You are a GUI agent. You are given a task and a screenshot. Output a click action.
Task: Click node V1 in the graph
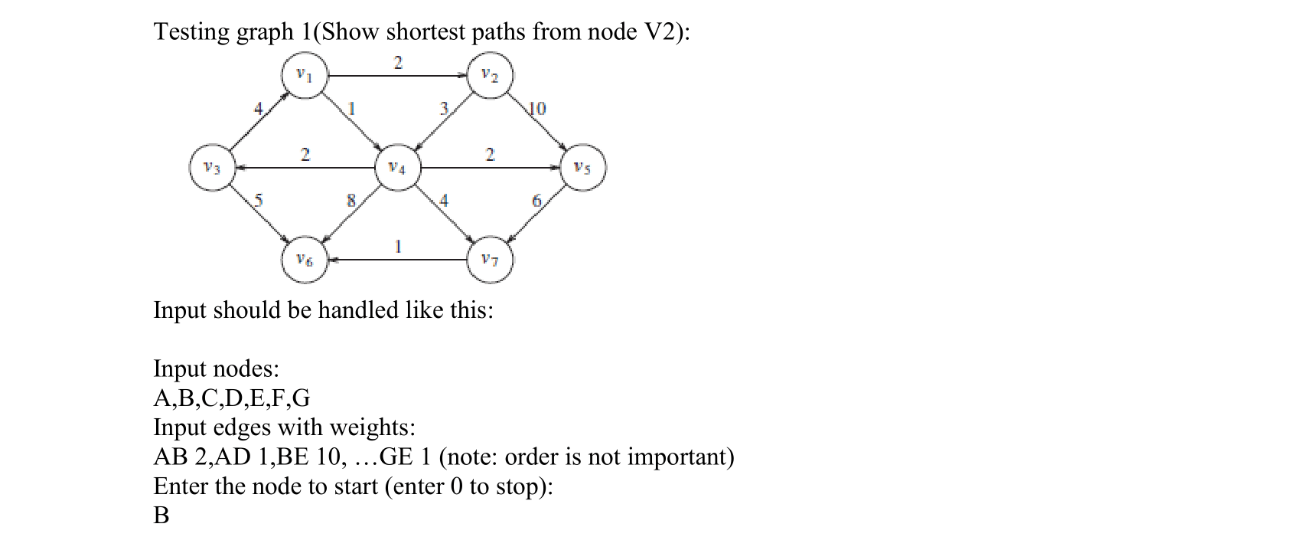click(305, 75)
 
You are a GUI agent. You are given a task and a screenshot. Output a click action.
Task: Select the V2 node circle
click(490, 75)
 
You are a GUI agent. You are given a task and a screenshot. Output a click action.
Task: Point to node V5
click(582, 168)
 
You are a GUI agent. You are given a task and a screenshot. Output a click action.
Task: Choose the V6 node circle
click(305, 260)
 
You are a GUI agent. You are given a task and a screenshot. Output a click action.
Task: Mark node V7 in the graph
click(490, 260)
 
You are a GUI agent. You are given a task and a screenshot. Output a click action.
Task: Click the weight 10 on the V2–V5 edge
click(538, 109)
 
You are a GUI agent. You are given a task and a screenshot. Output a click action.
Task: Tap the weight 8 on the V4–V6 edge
click(351, 201)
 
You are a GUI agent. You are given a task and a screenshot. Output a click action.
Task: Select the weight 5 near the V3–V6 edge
click(259, 201)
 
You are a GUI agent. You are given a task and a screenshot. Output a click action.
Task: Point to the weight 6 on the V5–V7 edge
click(536, 201)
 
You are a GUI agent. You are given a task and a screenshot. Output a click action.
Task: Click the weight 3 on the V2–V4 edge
click(443, 109)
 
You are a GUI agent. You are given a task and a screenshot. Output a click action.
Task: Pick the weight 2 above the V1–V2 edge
click(398, 62)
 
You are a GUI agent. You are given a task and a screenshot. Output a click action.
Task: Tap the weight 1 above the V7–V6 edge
click(398, 247)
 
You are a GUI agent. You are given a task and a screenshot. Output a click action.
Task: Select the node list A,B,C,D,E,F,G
click(232, 398)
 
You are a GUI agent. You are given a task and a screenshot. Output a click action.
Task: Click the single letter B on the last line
click(161, 516)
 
